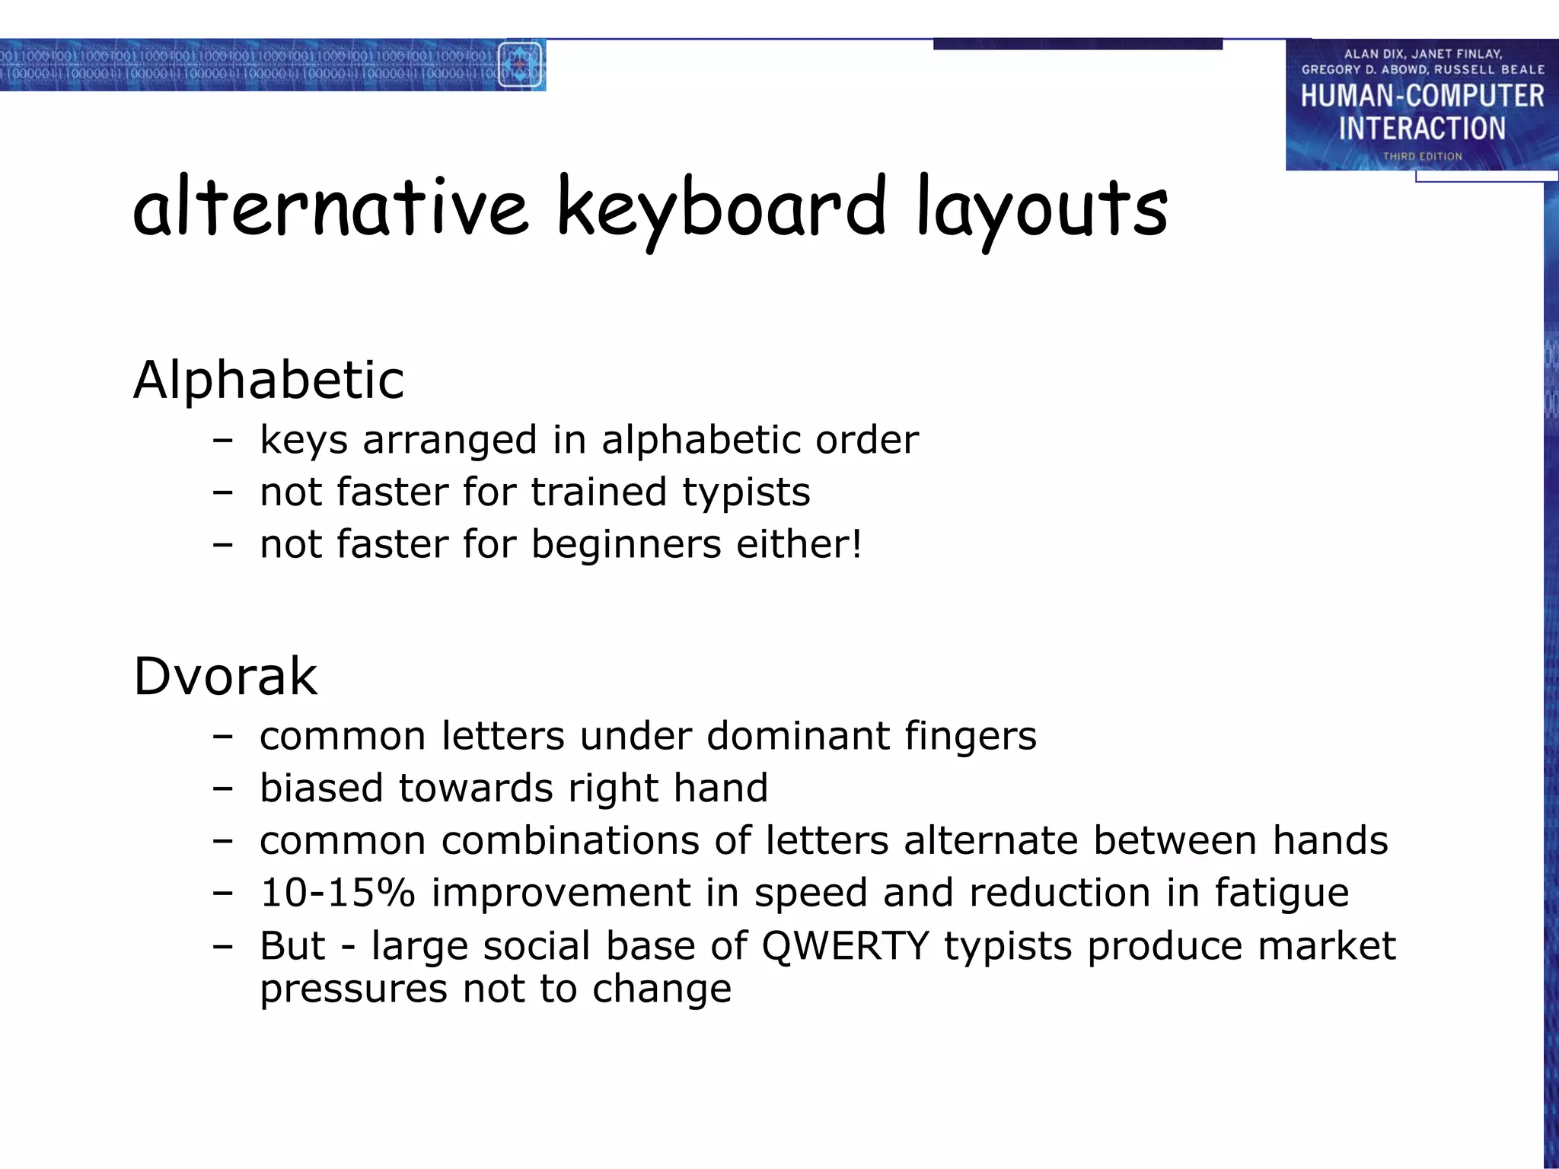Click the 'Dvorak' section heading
[x=225, y=676]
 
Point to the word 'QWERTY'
[x=845, y=946]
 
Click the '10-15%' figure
[x=337, y=893]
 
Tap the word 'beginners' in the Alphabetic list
[x=626, y=544]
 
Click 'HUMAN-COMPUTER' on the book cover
[x=1422, y=97]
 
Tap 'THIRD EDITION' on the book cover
[x=1422, y=156]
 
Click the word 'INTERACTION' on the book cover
[x=1422, y=128]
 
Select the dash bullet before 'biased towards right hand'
[x=222, y=789]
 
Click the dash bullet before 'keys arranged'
[x=222, y=441]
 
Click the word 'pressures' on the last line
[x=354, y=989]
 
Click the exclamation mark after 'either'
[x=856, y=543]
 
